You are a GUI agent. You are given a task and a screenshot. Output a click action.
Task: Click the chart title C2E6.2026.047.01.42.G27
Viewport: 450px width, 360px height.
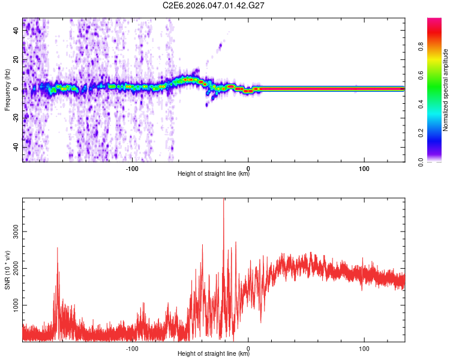click(x=214, y=5)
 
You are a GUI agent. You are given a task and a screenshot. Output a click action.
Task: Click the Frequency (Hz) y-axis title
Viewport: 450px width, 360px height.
click(x=7, y=89)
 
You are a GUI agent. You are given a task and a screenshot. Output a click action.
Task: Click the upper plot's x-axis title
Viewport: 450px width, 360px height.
click(x=214, y=174)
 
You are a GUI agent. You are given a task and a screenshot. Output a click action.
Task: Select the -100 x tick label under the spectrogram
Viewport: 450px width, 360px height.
click(x=133, y=168)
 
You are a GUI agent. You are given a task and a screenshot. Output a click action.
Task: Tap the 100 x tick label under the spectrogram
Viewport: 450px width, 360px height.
click(x=364, y=168)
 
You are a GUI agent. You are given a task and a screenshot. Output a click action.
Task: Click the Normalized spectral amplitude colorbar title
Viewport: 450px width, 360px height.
click(x=446, y=90)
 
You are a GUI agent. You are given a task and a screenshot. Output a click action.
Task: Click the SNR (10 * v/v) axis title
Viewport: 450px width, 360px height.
click(x=7, y=270)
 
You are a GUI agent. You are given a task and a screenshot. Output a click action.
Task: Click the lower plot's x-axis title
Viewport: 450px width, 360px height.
click(x=214, y=354)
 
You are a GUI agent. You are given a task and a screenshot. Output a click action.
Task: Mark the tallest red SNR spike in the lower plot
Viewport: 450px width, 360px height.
click(x=224, y=200)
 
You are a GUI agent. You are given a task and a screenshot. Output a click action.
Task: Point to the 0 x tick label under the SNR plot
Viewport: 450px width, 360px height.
click(x=248, y=348)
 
